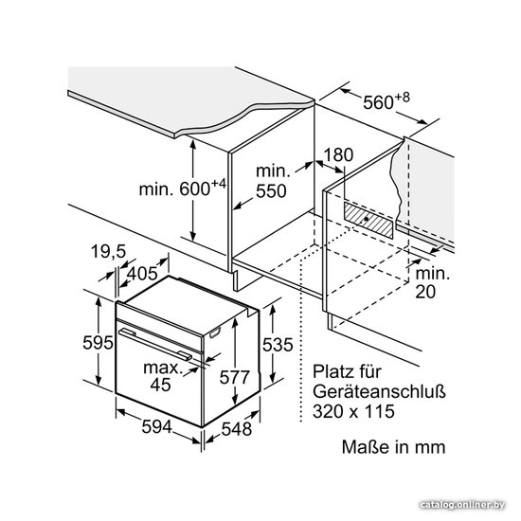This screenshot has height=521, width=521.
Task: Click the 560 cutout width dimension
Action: [x=386, y=101]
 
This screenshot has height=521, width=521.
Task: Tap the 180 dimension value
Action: [x=338, y=154]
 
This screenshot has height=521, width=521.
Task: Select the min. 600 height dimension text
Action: [x=183, y=189]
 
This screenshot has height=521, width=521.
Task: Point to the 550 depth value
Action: [x=271, y=191]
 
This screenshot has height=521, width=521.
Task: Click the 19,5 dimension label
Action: [x=108, y=251]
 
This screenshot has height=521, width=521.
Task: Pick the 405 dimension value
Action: [x=142, y=274]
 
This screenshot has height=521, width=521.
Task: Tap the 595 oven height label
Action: [x=98, y=342]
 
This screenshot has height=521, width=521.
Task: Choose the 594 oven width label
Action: [x=157, y=426]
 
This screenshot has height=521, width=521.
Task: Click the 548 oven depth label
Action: [x=237, y=428]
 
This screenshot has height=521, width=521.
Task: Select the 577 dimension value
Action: [x=234, y=377]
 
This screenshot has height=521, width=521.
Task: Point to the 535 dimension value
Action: [x=278, y=344]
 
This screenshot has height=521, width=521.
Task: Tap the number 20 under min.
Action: [x=425, y=292]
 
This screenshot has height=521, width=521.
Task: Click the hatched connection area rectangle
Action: [x=368, y=221]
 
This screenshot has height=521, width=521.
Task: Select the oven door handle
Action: [x=155, y=344]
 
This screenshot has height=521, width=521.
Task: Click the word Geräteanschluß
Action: [x=379, y=391]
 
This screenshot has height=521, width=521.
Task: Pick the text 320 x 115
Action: [x=353, y=411]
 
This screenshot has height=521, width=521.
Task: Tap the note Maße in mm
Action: [x=393, y=446]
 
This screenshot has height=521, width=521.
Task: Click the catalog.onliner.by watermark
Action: [x=462, y=505]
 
